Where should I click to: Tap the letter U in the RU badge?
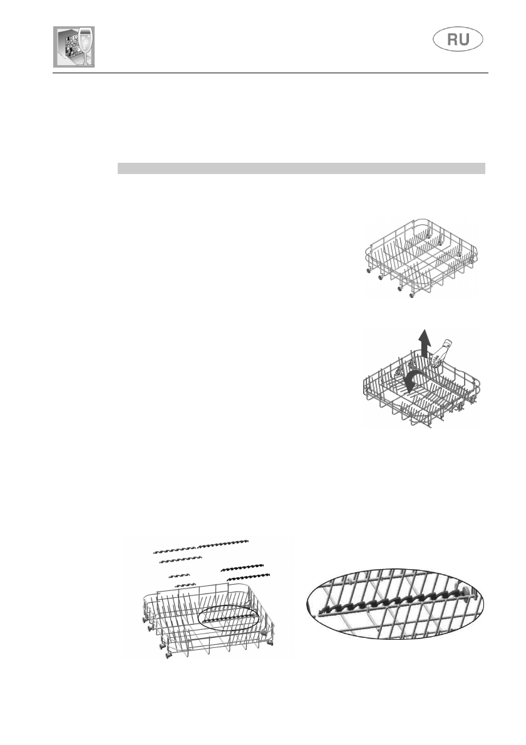coord(468,41)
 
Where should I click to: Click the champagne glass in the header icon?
coord(86,44)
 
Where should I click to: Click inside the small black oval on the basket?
coord(228,617)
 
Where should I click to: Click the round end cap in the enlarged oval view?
coord(468,590)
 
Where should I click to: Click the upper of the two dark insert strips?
coord(242,567)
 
